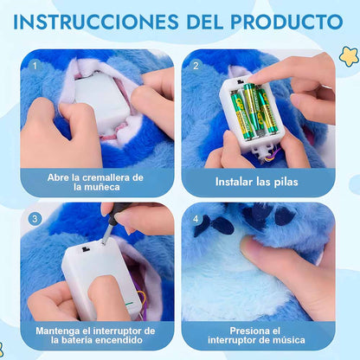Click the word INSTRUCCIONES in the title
(x=96, y=22)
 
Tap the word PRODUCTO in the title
(x=287, y=22)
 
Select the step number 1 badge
(x=35, y=66)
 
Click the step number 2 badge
(x=196, y=66)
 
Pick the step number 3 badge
(x=35, y=219)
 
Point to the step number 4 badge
(x=196, y=219)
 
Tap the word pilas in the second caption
(x=286, y=182)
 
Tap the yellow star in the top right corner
(x=349, y=56)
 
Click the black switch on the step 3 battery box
(x=85, y=249)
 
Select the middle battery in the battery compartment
(x=251, y=110)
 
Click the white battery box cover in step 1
(x=100, y=100)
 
